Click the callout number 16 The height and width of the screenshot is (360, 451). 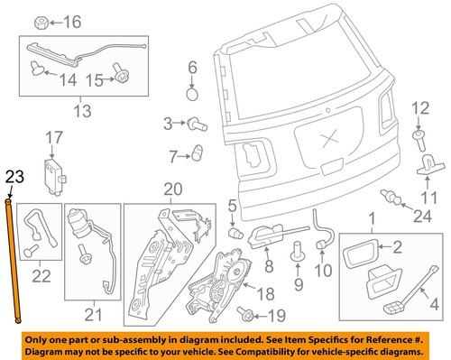(72, 22)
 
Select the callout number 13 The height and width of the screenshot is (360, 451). (82, 112)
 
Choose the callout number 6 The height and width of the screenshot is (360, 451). (192, 67)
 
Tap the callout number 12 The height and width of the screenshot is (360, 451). (418, 109)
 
